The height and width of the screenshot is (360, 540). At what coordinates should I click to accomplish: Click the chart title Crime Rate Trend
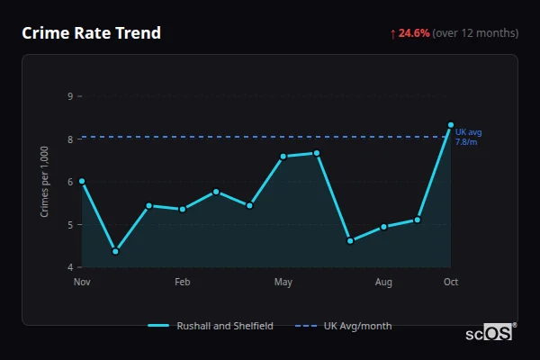tap(91, 33)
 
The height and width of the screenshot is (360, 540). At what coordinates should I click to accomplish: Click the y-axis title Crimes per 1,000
tap(45, 182)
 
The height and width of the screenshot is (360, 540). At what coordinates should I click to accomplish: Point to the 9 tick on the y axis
tap(70, 96)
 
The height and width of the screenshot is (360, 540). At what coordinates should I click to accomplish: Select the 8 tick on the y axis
tap(70, 139)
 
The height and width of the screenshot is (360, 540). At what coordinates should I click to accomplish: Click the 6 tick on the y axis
tap(70, 182)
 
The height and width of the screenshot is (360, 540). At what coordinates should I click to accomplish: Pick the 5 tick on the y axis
tap(70, 225)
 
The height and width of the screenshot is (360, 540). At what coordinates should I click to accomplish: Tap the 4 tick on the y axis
tap(70, 267)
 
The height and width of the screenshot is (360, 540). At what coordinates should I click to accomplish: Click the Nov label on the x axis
tap(82, 283)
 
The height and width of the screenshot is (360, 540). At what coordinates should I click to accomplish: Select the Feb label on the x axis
tap(182, 283)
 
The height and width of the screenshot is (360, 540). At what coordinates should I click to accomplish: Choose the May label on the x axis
tap(283, 283)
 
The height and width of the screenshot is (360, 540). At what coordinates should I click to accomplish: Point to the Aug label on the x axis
tap(383, 283)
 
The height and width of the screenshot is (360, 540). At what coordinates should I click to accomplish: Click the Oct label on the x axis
tap(451, 283)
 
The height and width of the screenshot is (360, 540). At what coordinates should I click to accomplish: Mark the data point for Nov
tap(82, 181)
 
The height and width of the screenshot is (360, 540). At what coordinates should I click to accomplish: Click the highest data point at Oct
tap(451, 125)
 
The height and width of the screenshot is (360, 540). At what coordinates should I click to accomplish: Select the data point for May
tap(283, 157)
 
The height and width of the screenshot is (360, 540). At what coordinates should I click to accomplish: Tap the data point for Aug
tap(383, 227)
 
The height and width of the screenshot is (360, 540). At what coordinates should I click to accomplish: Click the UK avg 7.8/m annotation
tap(468, 137)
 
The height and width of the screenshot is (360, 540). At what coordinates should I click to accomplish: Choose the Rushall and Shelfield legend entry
tap(211, 326)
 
